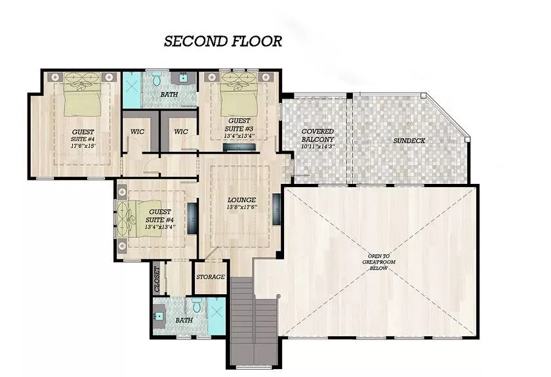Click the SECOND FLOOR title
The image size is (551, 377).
coord(223,41)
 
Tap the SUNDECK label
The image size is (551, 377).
coord(409,141)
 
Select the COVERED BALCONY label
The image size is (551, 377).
coord(317,135)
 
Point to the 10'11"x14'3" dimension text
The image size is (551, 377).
coord(317,146)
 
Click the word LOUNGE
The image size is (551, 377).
coord(241,200)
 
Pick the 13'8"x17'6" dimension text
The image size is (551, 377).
coord(241,208)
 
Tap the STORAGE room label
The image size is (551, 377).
coord(211,277)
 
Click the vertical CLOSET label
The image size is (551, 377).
coord(157,280)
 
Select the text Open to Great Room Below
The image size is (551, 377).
coord(379,262)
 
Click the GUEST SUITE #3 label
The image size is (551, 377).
coord(239,125)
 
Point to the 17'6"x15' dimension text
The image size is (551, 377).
coord(83,145)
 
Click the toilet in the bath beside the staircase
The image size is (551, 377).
coord(197,305)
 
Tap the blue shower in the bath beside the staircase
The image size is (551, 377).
coord(216,317)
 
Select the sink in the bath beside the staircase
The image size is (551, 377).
coord(159,316)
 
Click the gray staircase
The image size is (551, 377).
coord(253,322)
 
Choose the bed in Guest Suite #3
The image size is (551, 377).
coord(239,95)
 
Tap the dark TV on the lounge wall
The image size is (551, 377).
coord(277,209)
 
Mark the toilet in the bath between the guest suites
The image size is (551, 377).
coord(157,79)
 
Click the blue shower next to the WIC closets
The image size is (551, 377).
coord(132,90)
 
